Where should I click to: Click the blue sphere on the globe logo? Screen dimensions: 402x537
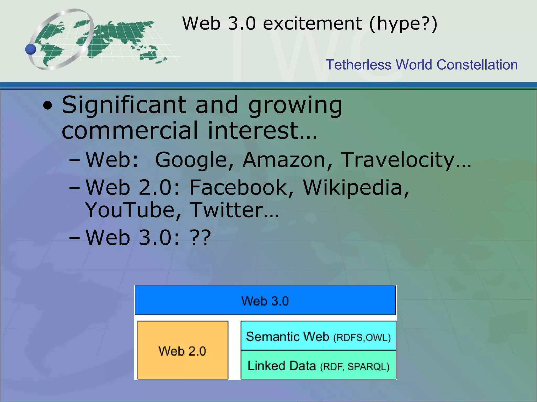pos(31,49)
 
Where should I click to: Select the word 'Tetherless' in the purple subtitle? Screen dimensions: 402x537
pos(358,65)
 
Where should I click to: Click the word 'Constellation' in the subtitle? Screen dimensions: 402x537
pos(477,65)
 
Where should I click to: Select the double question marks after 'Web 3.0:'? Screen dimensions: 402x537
pos(201,238)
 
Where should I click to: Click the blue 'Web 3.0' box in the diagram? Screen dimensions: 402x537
pos(265,300)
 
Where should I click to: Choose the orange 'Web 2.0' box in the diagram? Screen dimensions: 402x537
pos(182,350)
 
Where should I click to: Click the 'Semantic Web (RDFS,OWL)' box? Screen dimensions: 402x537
pos(318,336)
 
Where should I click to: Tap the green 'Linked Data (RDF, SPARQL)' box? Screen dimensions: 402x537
pos(318,365)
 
